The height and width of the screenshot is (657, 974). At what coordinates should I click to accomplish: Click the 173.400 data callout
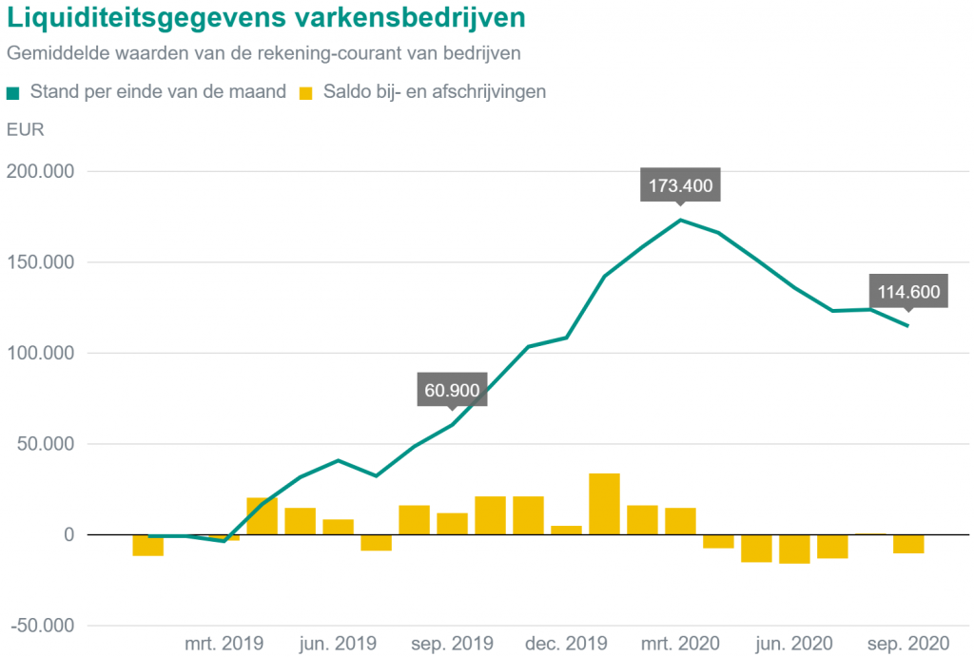[680, 185]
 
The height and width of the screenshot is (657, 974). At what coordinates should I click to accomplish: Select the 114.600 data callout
[908, 292]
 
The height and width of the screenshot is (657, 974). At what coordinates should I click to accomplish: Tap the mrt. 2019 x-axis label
[224, 642]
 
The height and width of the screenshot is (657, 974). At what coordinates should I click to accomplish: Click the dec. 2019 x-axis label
[566, 642]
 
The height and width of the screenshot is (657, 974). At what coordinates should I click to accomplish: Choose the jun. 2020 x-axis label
[794, 642]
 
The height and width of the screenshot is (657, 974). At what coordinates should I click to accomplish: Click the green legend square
[12, 93]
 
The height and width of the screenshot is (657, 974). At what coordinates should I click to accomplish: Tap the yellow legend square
[305, 93]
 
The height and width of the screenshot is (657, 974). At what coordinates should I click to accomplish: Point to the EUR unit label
[25, 129]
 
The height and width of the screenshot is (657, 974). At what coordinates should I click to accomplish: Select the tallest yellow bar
[604, 504]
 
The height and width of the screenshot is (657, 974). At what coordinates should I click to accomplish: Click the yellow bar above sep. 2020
[908, 544]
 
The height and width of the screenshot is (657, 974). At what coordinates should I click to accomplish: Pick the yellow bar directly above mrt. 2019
[224, 537]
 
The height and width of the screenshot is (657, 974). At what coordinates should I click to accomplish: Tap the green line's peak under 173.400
[680, 220]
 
